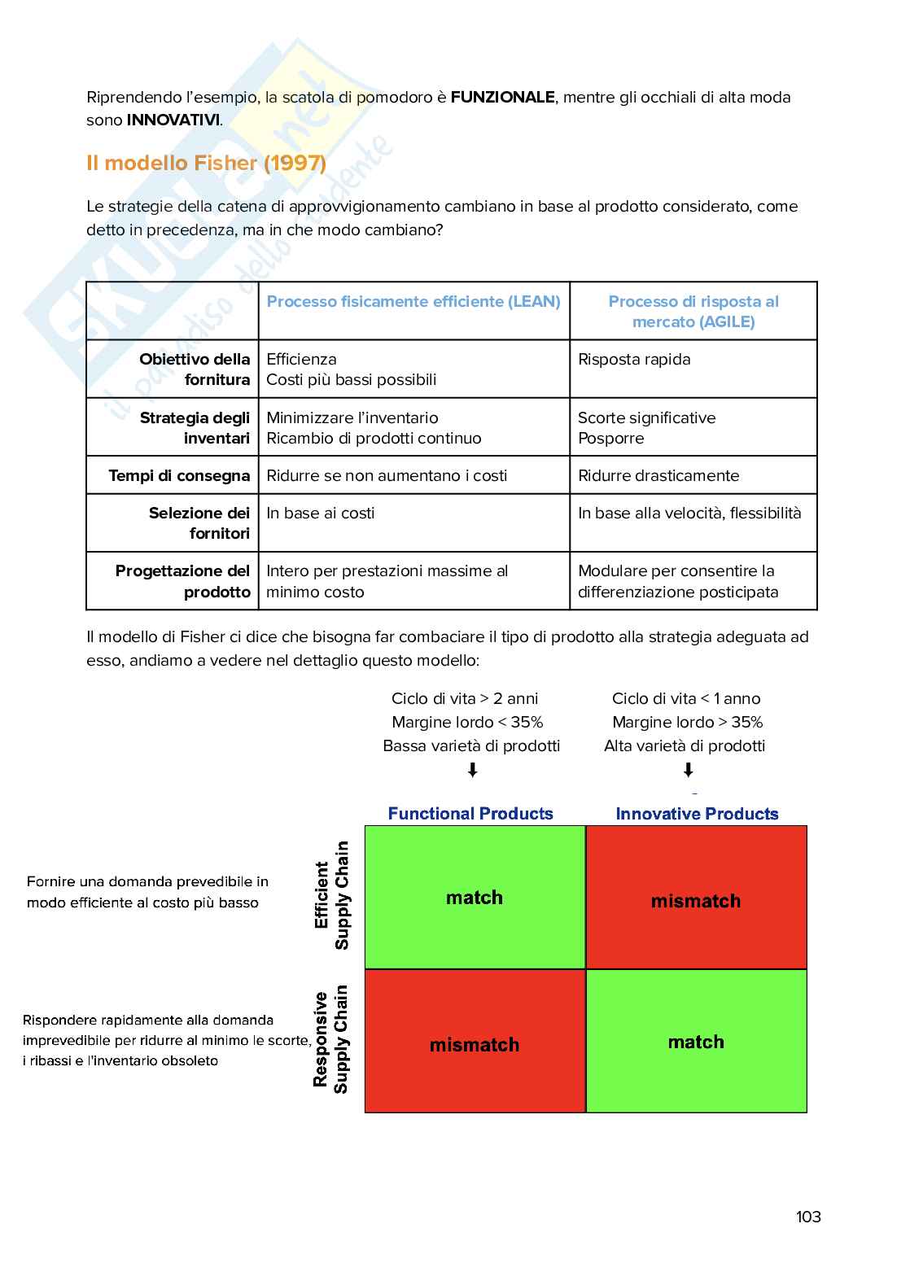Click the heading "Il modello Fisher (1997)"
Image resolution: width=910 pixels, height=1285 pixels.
(x=206, y=163)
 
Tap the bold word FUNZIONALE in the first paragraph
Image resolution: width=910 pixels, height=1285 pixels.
(x=502, y=98)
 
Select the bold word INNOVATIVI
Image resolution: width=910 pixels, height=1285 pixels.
(x=173, y=120)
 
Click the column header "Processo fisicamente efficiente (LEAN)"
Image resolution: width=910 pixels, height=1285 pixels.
(x=413, y=302)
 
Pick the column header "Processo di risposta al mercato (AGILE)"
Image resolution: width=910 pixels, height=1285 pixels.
(x=693, y=312)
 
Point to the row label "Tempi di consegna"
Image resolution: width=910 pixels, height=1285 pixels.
(x=179, y=475)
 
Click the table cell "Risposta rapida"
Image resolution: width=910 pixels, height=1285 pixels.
(x=634, y=360)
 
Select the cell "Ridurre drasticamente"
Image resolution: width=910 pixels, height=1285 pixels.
(x=658, y=475)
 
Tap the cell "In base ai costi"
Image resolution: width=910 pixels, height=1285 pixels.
(x=321, y=513)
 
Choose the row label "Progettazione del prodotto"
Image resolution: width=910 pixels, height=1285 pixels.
(x=183, y=581)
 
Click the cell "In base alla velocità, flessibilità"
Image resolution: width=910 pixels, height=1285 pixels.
(x=689, y=513)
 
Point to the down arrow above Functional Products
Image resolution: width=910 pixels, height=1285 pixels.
(x=473, y=770)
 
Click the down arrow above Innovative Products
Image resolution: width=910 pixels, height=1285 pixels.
(x=688, y=770)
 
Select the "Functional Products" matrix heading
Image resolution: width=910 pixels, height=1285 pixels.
(x=470, y=814)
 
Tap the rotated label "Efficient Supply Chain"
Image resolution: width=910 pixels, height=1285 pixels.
(x=332, y=895)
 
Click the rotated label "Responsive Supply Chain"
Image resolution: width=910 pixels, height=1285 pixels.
(x=331, y=1039)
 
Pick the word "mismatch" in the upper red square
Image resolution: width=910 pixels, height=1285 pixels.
(x=696, y=901)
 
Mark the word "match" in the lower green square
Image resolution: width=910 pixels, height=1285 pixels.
(x=696, y=1042)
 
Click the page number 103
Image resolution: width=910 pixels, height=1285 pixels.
(x=808, y=1217)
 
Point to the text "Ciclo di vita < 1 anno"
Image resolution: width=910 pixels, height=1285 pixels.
(x=686, y=698)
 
